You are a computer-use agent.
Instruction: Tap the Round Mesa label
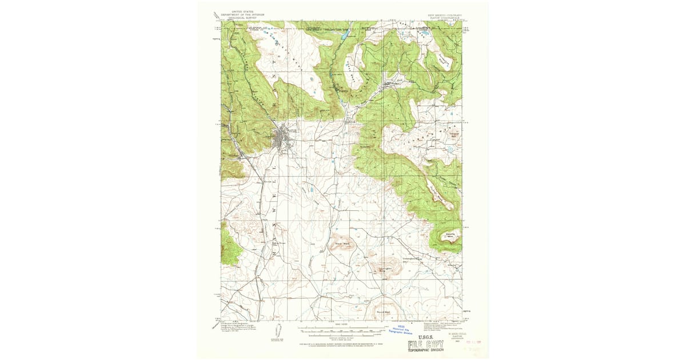[x=384, y=312]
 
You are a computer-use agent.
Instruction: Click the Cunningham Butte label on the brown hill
[x=385, y=270]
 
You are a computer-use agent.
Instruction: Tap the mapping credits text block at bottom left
[x=240, y=328]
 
